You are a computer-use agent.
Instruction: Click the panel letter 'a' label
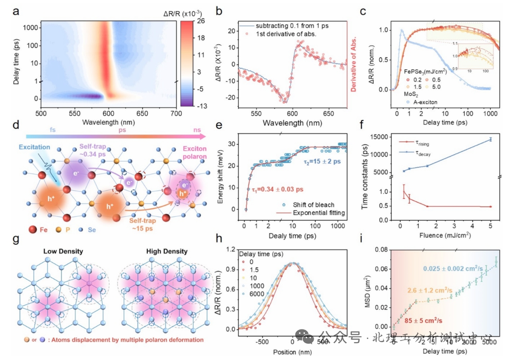coord(16,12)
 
